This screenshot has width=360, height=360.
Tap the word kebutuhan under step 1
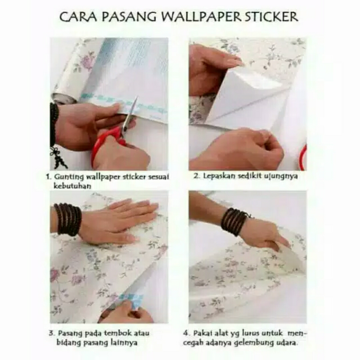pyautogui.click(x=72, y=186)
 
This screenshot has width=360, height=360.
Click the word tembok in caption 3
pyautogui.click(x=113, y=333)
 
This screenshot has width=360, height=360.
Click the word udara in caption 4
pyautogui.click(x=287, y=343)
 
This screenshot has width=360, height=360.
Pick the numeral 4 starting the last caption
pyautogui.click(x=186, y=333)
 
